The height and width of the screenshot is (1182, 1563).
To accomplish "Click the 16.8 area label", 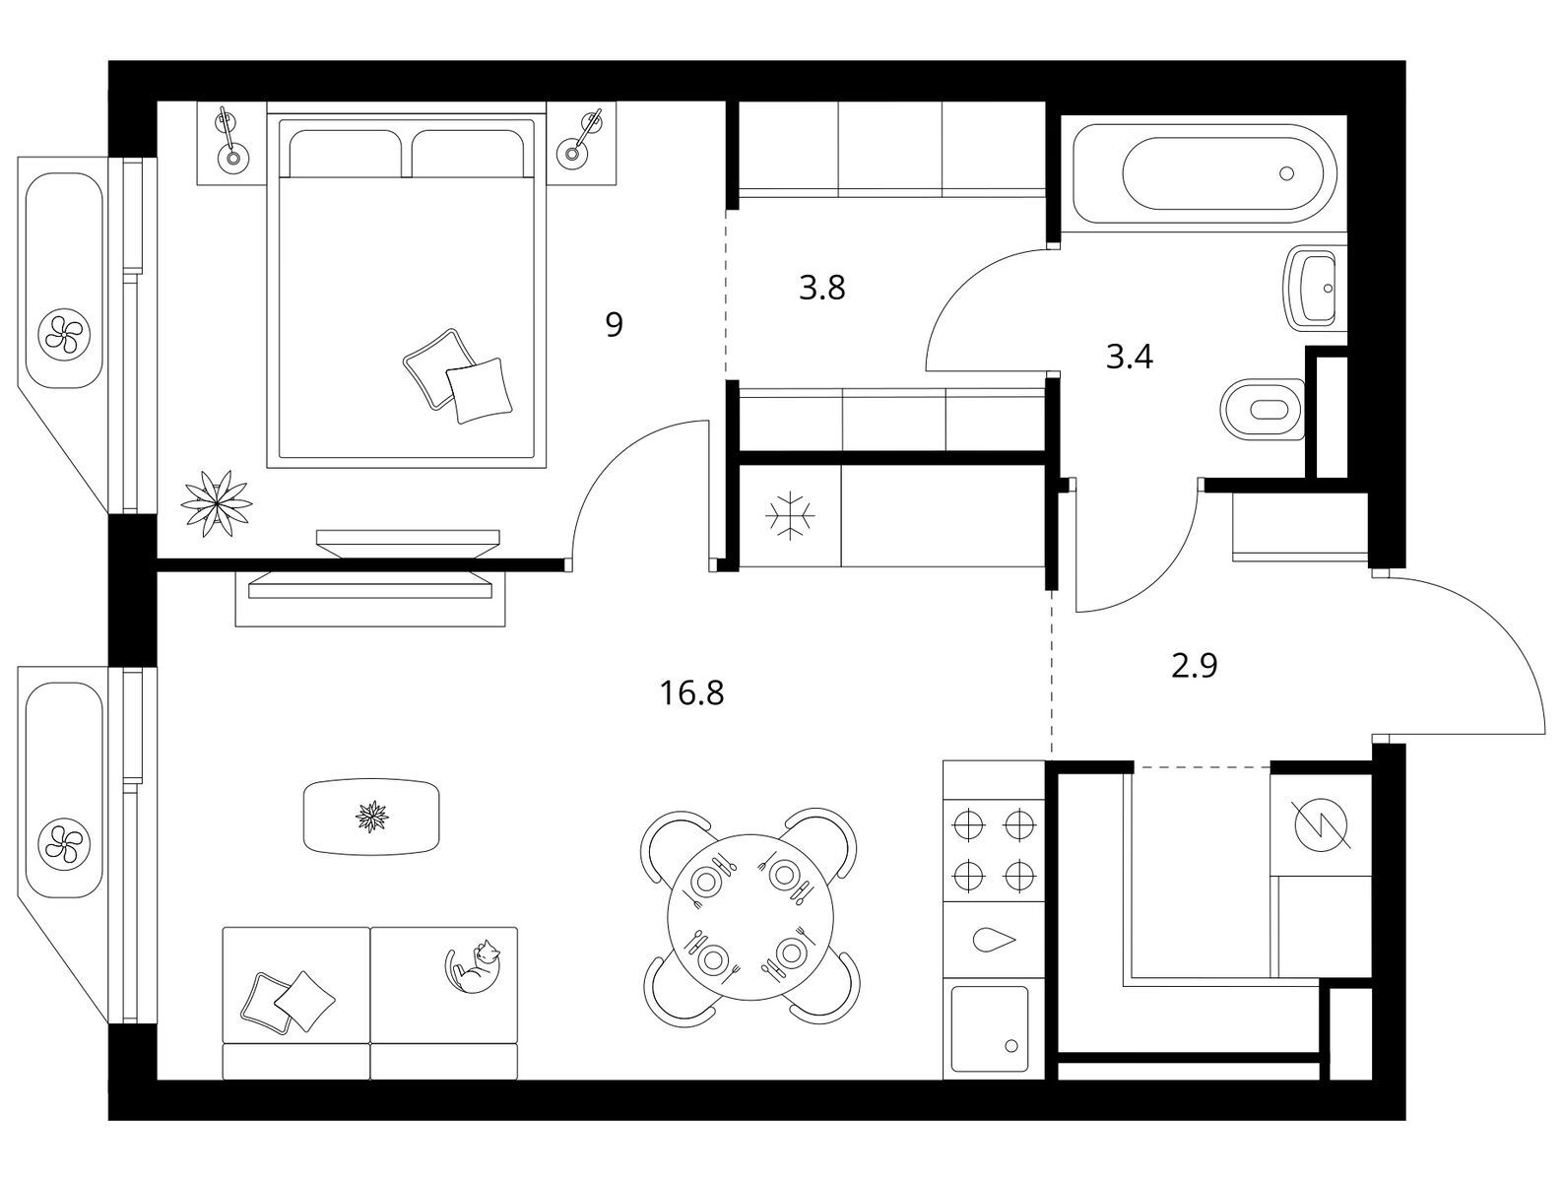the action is pos(691,692).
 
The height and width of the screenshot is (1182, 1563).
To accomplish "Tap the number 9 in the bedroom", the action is pos(614,325).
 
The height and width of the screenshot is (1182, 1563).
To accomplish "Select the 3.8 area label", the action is pos(821,289).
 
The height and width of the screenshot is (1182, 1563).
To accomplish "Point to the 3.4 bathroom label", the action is pos(1130,357).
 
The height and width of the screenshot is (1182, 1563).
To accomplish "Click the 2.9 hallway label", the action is pos(1194,666).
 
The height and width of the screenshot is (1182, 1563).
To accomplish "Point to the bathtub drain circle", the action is pos(1286,173).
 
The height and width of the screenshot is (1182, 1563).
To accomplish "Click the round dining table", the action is pos(750,916).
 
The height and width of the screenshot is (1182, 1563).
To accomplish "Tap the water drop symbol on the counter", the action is pos(994,940).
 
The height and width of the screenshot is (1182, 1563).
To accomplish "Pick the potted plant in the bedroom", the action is pos(217,503).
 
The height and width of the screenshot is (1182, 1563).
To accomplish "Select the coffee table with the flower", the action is pos(371,817).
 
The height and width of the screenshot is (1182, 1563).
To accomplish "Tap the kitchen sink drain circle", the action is pos(1011,1046).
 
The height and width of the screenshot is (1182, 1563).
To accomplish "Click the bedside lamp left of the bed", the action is pos(229,143).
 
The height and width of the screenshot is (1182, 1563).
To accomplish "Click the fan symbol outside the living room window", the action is pos(65,840).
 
